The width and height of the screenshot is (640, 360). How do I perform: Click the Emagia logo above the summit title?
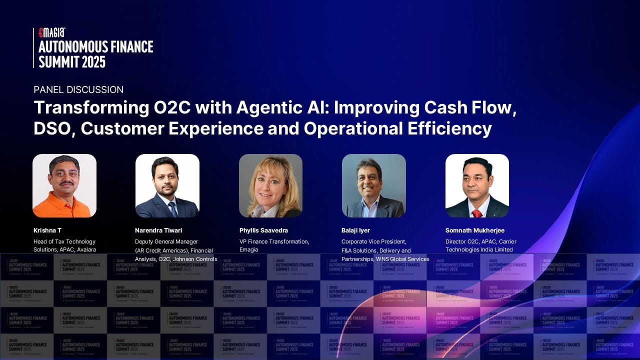pos(52,32)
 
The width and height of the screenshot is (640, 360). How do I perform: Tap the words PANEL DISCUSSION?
pos(78,90)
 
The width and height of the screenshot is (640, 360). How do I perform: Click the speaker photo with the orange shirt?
pos(64,185)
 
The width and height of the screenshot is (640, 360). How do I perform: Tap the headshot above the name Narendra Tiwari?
pos(167,185)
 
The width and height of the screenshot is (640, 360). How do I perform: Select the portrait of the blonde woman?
pos(270,185)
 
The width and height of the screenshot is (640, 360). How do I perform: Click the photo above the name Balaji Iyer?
pos(373,185)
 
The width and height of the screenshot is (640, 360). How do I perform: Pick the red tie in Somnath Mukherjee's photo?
pos(477,213)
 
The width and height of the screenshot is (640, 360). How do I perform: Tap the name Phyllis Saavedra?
pos(263,230)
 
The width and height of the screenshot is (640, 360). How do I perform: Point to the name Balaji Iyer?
pos(355,230)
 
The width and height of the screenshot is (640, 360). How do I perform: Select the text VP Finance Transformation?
pos(274,241)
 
